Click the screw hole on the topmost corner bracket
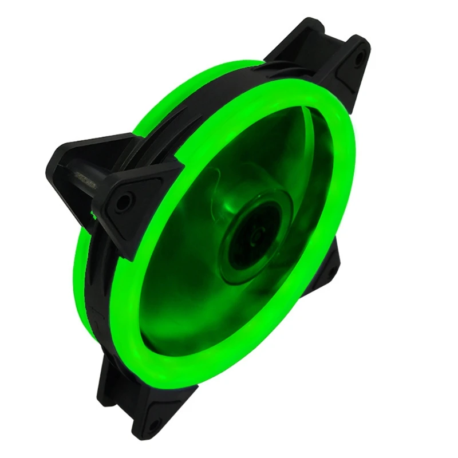(x=359, y=57)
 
